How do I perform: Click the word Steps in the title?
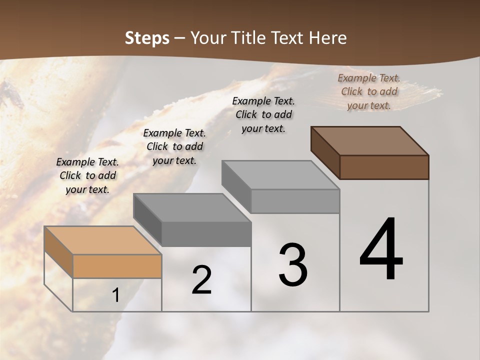[146, 38]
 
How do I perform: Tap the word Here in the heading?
[328, 38]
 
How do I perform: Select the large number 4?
[381, 250]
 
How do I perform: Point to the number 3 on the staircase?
[293, 264]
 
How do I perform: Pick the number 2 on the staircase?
[201, 280]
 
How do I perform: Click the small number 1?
[116, 295]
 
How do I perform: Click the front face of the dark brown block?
[384, 167]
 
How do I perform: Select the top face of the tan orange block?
[102, 240]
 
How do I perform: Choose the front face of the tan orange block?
[117, 266]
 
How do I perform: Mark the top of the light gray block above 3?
[280, 174]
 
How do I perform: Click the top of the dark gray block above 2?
[192, 207]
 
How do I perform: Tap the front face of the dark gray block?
[206, 233]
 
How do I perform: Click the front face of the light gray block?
[295, 201]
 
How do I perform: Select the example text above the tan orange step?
[87, 175]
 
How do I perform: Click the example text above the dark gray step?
[174, 146]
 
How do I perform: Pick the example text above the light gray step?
[263, 114]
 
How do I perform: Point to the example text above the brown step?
[369, 91]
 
